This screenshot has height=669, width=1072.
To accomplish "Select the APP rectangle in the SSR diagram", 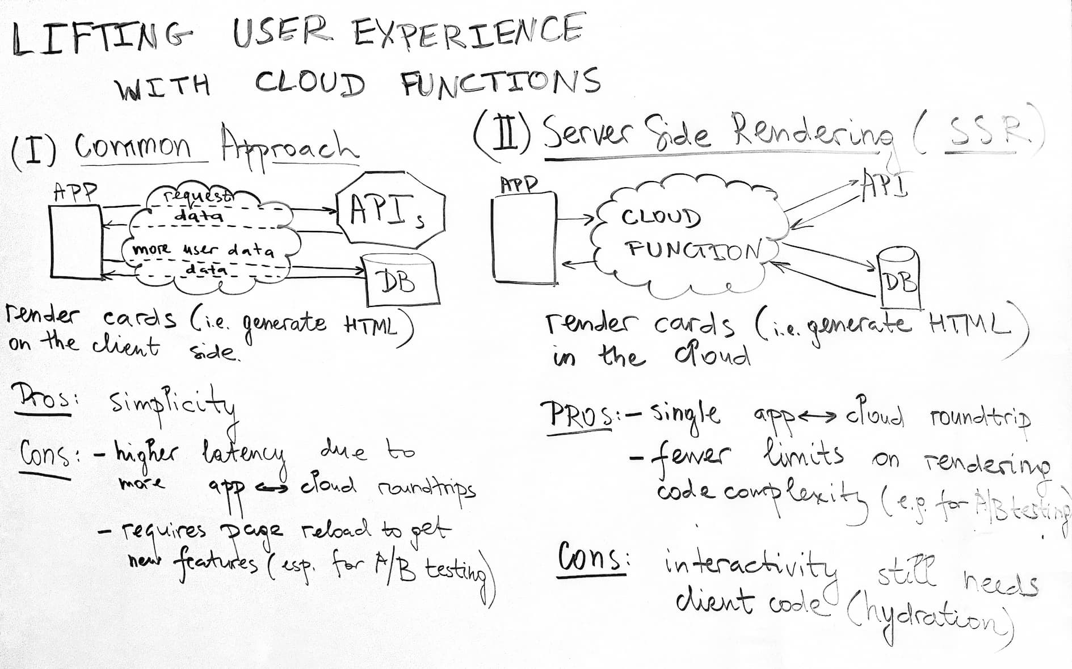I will point(524,238).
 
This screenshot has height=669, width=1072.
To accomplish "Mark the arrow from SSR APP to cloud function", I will point(577,217).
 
